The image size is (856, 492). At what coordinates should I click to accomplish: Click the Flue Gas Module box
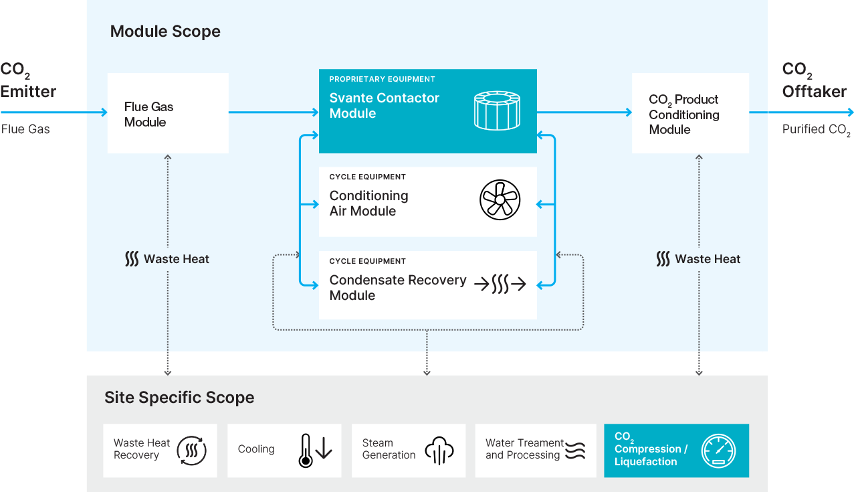(168, 114)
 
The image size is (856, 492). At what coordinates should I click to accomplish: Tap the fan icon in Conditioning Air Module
(500, 200)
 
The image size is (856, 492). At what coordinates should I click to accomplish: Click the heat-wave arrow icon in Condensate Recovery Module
(500, 284)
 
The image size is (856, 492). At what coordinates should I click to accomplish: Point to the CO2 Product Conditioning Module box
(689, 114)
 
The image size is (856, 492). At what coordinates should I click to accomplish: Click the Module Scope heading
(165, 31)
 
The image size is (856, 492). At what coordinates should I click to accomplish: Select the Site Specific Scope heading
(179, 398)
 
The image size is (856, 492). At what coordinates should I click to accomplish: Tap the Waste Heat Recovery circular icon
(192, 450)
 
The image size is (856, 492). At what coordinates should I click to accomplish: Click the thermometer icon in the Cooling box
(306, 450)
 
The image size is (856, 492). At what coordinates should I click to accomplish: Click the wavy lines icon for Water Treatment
(575, 450)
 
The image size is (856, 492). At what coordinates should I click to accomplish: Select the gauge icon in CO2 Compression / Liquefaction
(718, 450)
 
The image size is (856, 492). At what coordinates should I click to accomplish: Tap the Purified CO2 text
(816, 130)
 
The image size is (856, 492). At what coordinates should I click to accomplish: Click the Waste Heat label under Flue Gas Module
(168, 259)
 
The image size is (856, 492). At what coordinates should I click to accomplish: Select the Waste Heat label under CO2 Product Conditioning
(699, 259)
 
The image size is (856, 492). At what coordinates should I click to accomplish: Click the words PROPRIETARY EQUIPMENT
(382, 79)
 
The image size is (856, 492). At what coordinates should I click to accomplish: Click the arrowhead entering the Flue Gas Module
(104, 112)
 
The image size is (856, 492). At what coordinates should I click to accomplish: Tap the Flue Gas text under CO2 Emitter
(25, 129)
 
